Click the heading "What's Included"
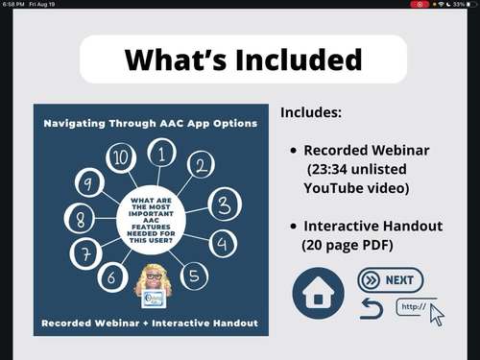pos(243,60)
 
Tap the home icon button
pos(318,293)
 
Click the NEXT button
pos(391,280)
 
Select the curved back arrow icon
pos(371,308)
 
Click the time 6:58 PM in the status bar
pos(14,5)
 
